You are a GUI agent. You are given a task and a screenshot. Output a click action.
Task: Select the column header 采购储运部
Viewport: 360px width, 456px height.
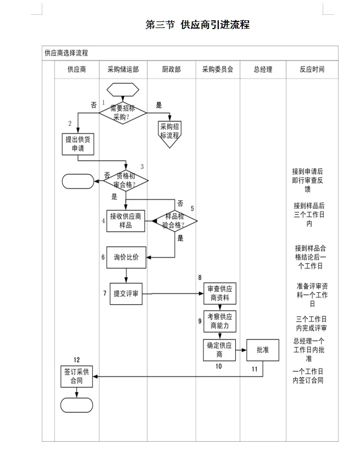(x=123, y=70)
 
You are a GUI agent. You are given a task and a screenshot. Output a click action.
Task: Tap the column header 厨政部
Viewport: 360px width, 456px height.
(x=171, y=70)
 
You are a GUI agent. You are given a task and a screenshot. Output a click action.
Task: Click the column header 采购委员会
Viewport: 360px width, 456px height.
(x=218, y=70)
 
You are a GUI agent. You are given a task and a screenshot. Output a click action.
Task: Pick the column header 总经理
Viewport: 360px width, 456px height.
(x=263, y=70)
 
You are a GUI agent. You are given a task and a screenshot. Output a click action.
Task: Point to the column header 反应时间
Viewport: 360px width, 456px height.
(x=312, y=70)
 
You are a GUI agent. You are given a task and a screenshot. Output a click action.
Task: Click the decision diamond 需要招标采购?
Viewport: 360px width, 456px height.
(x=123, y=112)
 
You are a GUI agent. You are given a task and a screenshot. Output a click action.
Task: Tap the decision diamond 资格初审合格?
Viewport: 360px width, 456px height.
(x=126, y=180)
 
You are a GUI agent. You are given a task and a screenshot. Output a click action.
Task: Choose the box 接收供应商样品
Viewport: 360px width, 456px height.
(x=125, y=220)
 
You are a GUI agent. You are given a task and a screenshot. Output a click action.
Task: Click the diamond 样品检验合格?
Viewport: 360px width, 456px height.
(x=174, y=220)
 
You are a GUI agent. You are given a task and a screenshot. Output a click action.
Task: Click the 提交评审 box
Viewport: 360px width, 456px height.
(x=126, y=293)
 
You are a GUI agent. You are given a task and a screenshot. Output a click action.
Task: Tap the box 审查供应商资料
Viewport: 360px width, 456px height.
(x=219, y=293)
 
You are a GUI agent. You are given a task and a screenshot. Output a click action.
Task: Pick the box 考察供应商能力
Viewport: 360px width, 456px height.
(x=219, y=321)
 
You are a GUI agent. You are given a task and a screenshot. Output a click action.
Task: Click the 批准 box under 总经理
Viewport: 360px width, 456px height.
(x=263, y=349)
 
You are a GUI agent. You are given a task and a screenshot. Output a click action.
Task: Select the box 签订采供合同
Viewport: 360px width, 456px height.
(x=77, y=376)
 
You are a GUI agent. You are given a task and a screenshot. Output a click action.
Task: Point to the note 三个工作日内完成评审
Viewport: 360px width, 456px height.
(x=312, y=324)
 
